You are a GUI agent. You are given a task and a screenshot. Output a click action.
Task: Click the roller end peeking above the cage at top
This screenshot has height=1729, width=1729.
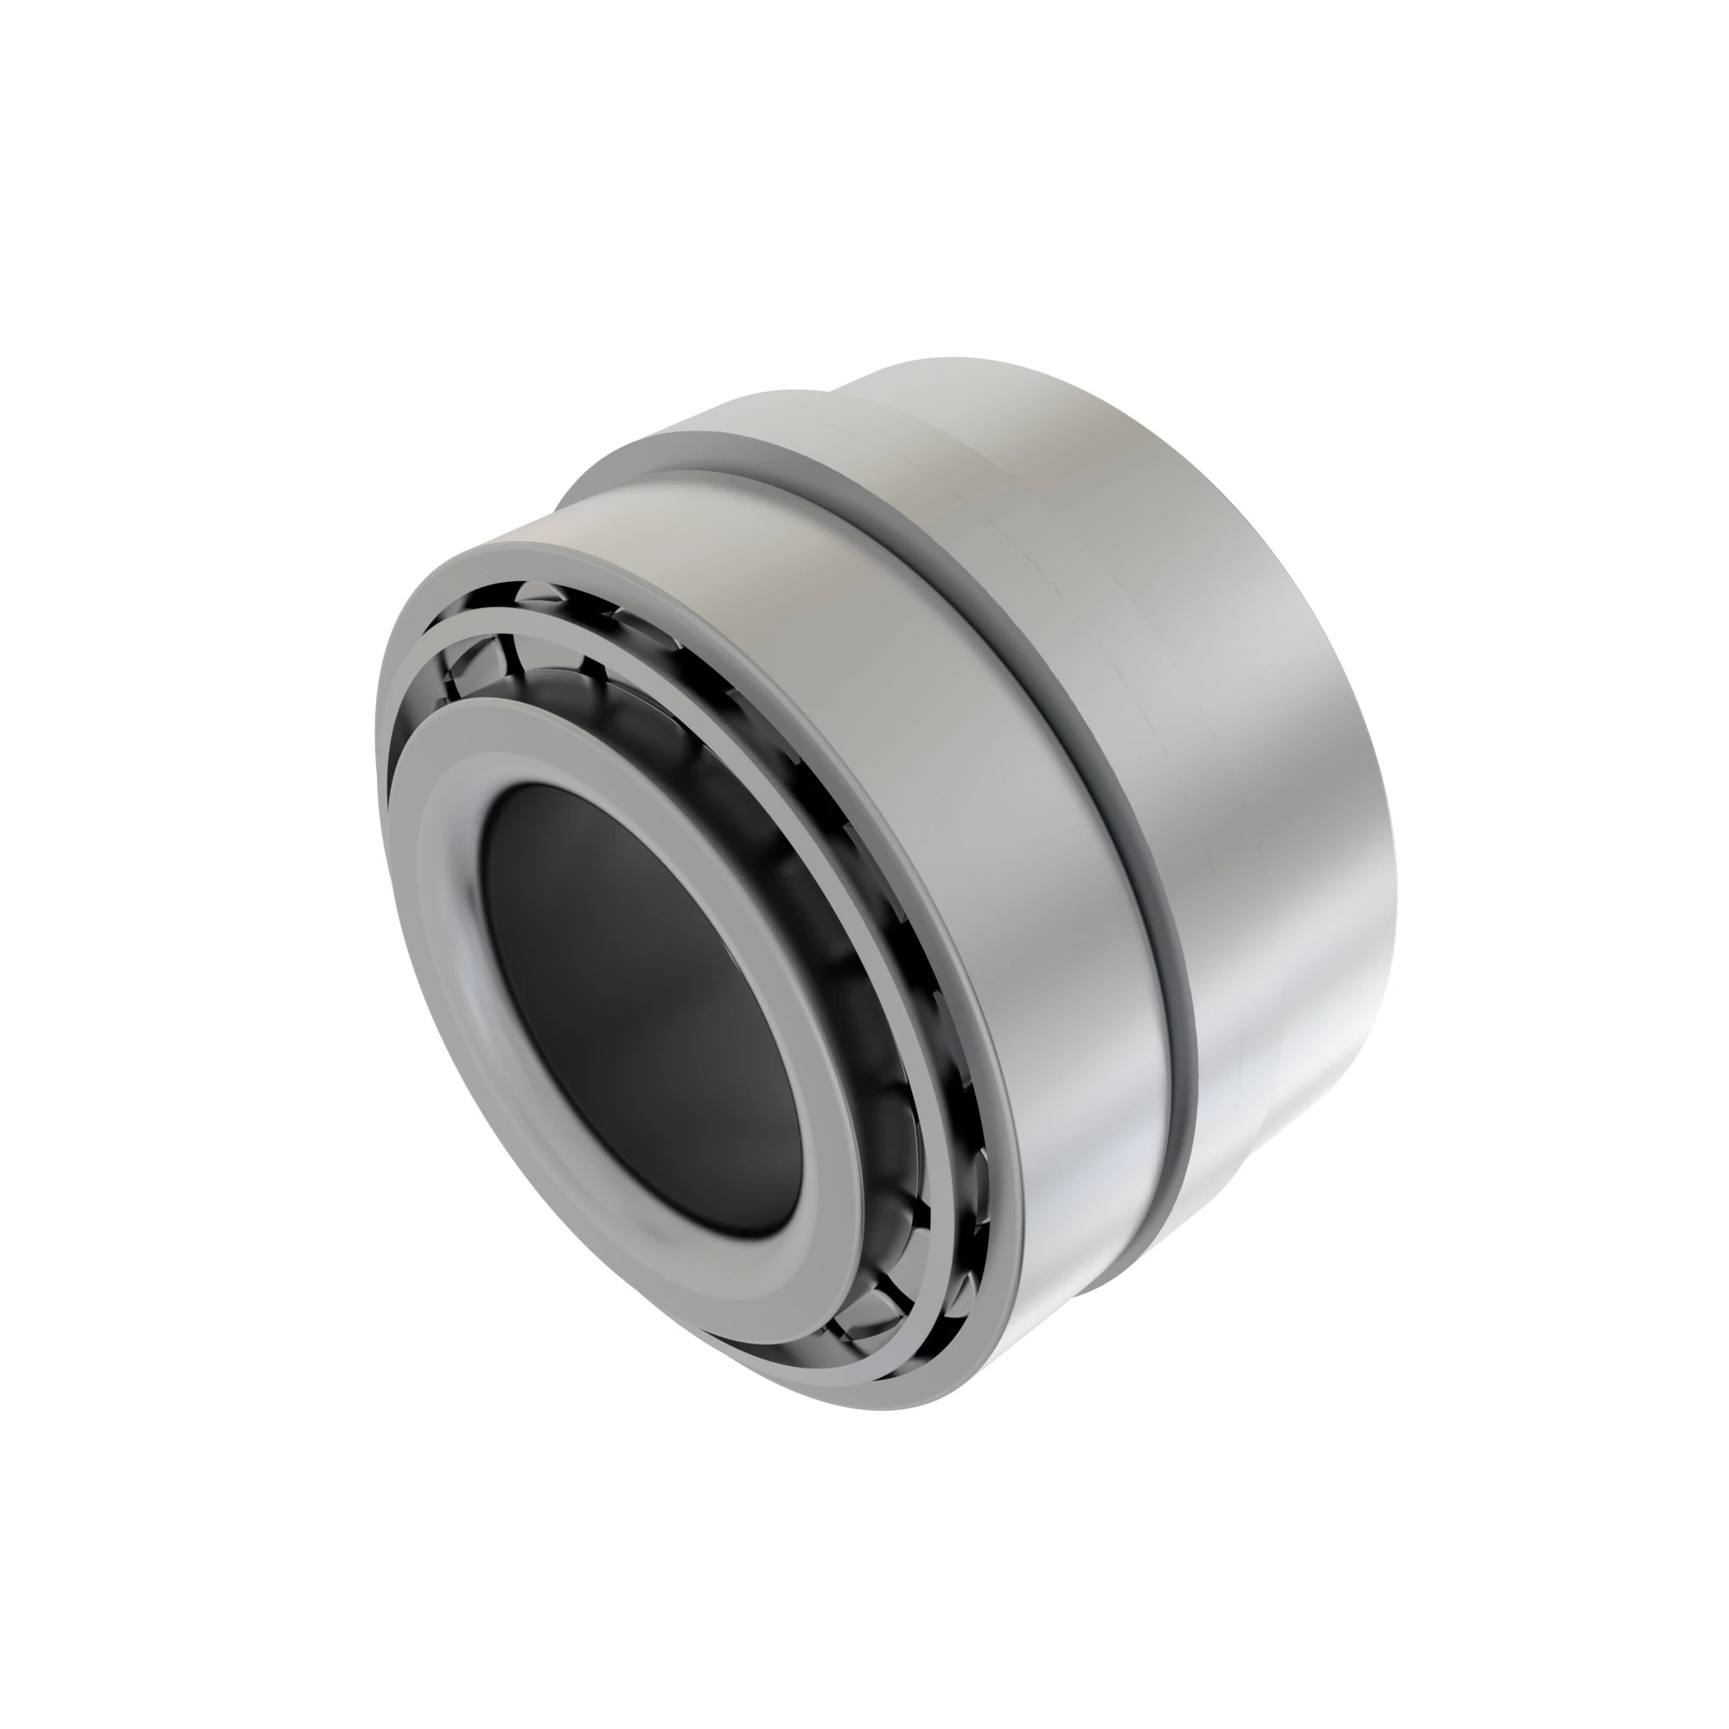point(537,594)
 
